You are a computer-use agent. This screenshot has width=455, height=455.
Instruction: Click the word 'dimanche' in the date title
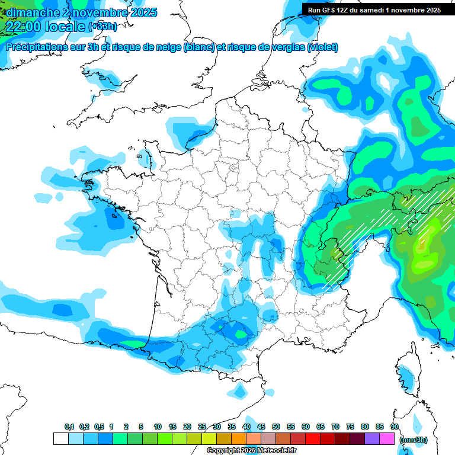[30, 12]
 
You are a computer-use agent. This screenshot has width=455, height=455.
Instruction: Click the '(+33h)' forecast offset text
[102, 27]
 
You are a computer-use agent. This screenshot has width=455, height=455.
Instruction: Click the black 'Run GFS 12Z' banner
[378, 9]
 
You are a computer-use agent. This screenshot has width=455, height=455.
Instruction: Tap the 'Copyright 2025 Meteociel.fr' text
[251, 451]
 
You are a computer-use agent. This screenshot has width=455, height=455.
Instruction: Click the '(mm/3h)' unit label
[413, 440]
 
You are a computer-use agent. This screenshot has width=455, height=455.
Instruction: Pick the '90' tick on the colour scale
[394, 427]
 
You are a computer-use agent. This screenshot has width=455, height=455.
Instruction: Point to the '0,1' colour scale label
[69, 427]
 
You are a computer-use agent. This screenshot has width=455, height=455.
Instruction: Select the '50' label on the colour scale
[276, 427]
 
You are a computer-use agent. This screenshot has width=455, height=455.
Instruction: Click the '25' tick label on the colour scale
[202, 427]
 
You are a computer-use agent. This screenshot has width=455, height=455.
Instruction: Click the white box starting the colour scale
[60, 439]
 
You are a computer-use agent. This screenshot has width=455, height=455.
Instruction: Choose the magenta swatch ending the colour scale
[387, 439]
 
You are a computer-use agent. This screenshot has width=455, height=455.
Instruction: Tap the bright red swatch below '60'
[313, 439]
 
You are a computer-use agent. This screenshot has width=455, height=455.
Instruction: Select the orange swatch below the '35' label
[239, 439]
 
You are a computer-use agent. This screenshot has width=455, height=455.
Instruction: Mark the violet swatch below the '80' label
[373, 439]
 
